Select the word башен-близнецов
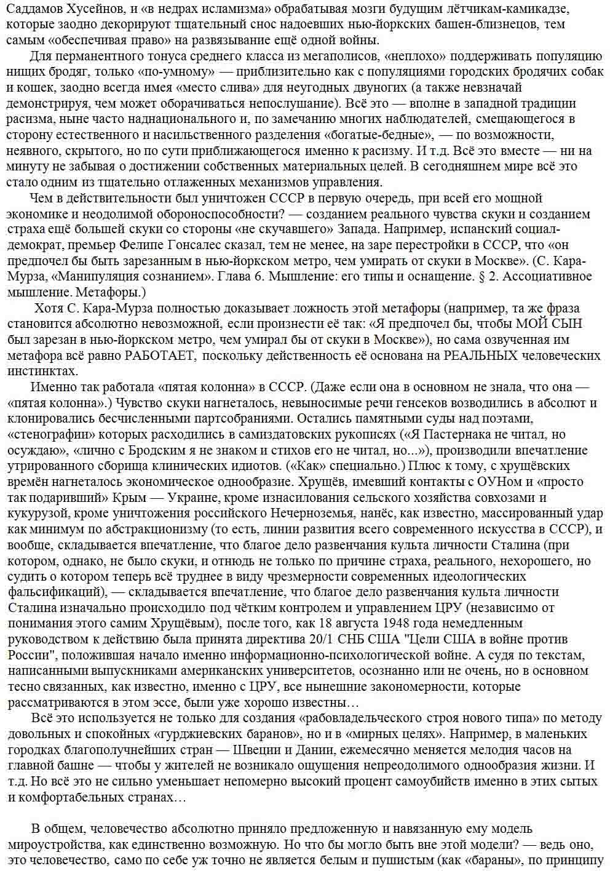click(494, 25)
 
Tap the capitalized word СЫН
click(562, 324)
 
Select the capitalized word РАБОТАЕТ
click(161, 356)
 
